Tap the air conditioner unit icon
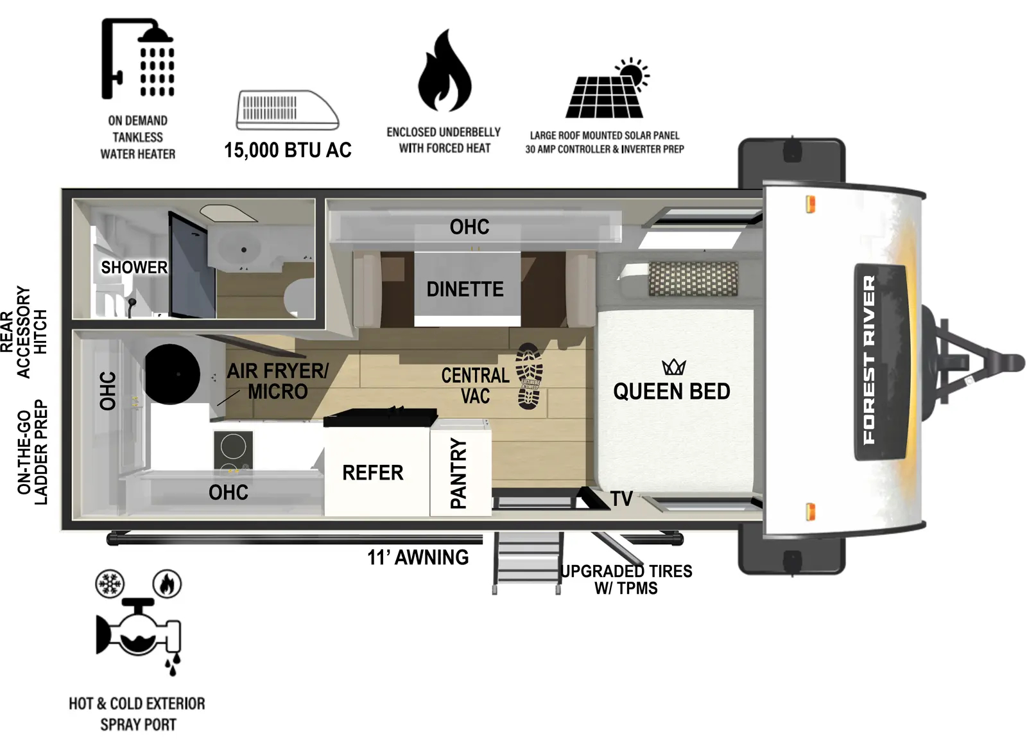288,110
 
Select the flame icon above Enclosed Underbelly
444,71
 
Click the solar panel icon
607,90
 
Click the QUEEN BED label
671,392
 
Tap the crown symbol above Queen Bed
674,367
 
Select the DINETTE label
465,290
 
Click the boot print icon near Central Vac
530,376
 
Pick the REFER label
373,473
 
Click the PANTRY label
459,473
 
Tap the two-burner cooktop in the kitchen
233,450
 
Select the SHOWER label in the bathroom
134,267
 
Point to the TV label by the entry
621,498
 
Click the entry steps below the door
527,562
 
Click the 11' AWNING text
418,557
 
